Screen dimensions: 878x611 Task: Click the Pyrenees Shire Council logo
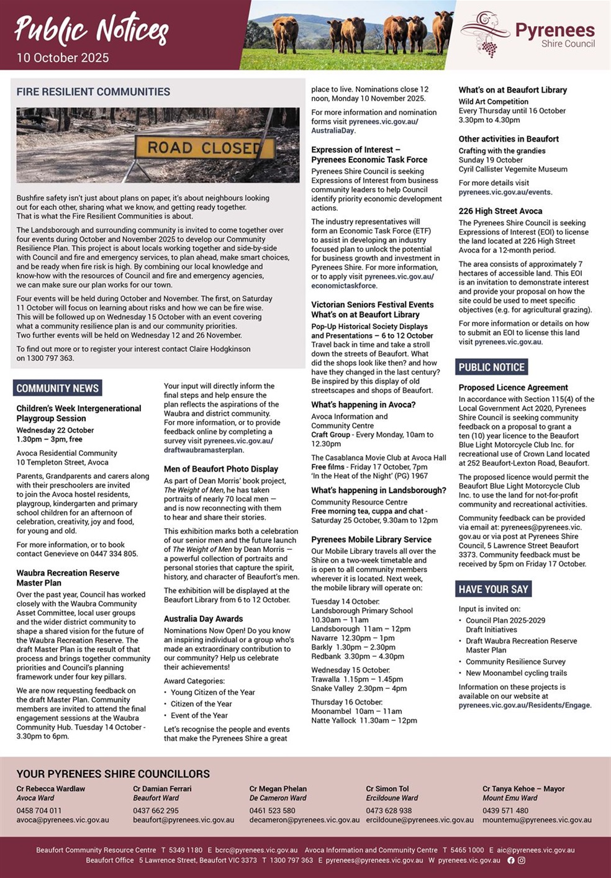pyautogui.click(x=527, y=35)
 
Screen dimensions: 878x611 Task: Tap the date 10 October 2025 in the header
pyautogui.click(x=63, y=58)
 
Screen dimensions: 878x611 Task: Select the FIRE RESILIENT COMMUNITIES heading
pyautogui.click(x=93, y=92)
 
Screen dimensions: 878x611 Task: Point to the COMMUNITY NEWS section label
pyautogui.click(x=58, y=388)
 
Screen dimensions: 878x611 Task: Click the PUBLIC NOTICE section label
pyautogui.click(x=492, y=367)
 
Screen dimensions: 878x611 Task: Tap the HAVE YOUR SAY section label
pyautogui.click(x=494, y=589)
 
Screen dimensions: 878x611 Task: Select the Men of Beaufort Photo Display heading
pyautogui.click(x=221, y=469)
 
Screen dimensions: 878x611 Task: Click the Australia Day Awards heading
pyautogui.click(x=204, y=618)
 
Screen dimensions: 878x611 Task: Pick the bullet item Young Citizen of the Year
pyautogui.click(x=213, y=692)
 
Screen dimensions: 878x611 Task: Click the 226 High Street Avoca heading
pyautogui.click(x=500, y=211)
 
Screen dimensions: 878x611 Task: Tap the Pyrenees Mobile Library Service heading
pyautogui.click(x=371, y=540)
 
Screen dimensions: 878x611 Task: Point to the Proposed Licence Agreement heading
pyautogui.click(x=514, y=387)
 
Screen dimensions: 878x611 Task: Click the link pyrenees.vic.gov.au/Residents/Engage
pyautogui.click(x=525, y=705)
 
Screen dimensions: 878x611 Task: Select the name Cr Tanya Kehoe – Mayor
pyautogui.click(x=523, y=789)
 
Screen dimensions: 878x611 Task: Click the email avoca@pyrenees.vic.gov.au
pyautogui.click(x=63, y=820)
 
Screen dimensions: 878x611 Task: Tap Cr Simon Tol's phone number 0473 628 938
pyautogui.click(x=389, y=810)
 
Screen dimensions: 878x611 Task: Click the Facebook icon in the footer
pyautogui.click(x=511, y=860)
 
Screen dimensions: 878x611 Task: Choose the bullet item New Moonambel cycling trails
pyautogui.click(x=507, y=673)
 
